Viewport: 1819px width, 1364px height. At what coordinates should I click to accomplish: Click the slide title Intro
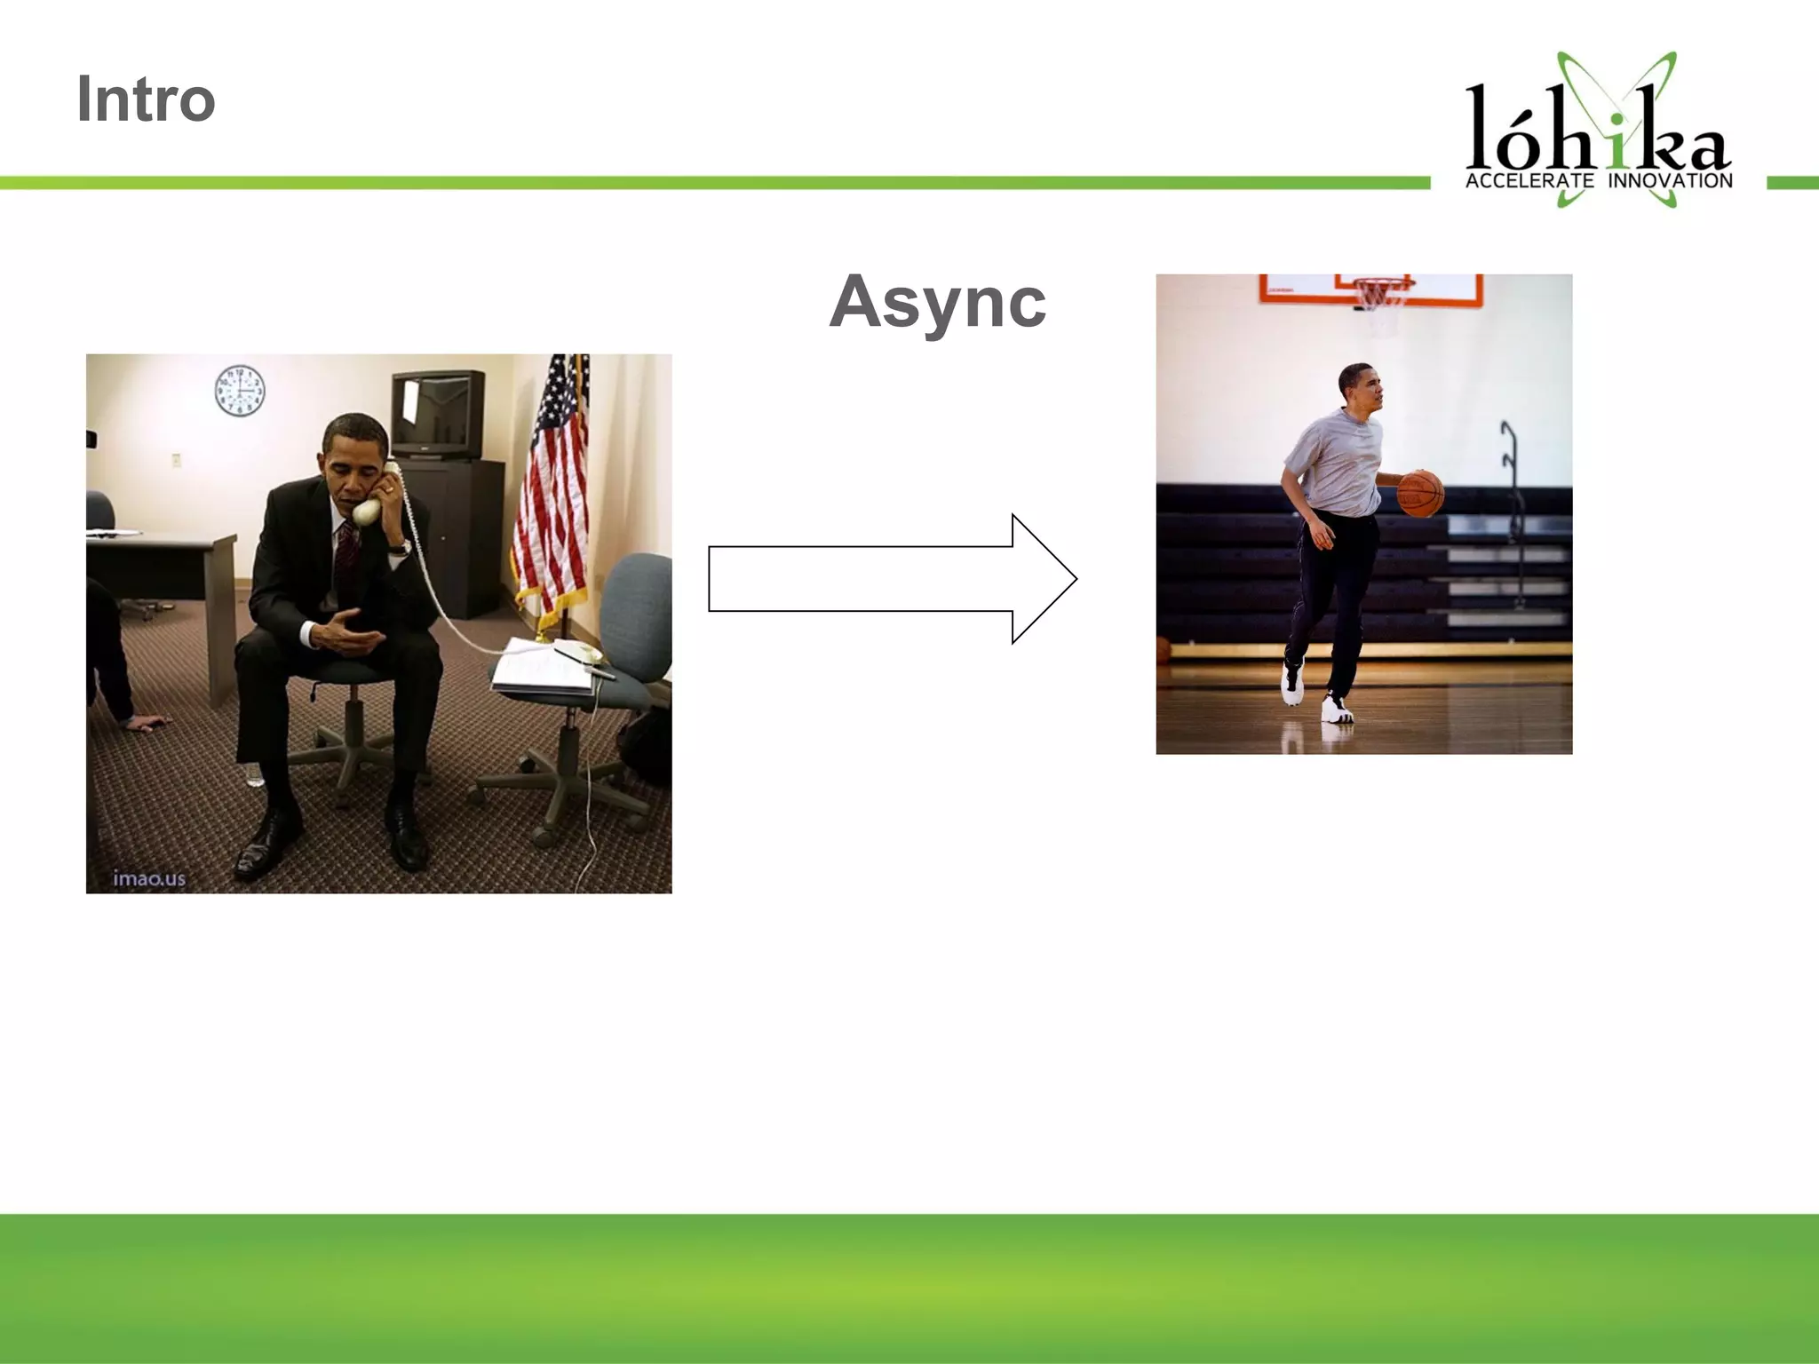[x=146, y=99]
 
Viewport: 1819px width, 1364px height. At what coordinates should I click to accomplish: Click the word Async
[x=937, y=302]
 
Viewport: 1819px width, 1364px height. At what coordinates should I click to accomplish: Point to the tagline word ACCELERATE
[x=1529, y=181]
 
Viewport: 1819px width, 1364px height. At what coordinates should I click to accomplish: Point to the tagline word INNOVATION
[x=1670, y=181]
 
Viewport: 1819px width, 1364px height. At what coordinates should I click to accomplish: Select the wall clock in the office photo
[x=240, y=391]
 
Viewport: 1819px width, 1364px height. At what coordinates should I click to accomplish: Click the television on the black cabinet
[x=439, y=414]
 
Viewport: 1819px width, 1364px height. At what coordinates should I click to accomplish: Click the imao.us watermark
[x=149, y=879]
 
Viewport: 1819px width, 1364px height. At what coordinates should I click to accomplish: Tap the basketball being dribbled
[x=1421, y=494]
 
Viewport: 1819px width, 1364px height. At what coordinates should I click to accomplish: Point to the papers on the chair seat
[x=542, y=666]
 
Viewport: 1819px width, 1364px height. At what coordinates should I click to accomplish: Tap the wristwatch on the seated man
[x=404, y=549]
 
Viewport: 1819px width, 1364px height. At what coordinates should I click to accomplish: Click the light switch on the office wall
[x=176, y=460]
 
